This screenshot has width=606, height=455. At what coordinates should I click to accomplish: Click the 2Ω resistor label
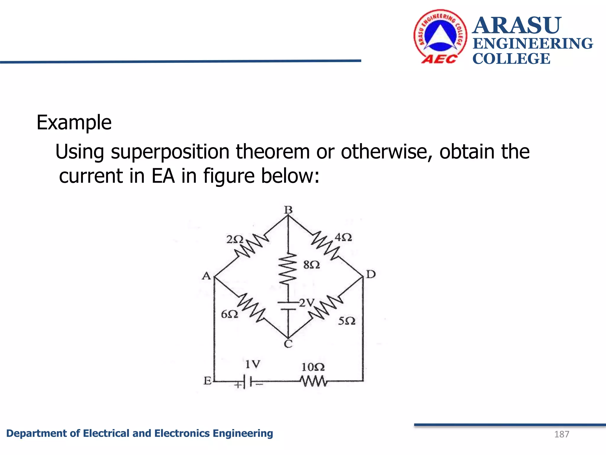(235, 239)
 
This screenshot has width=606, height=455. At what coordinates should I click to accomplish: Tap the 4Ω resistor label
(343, 237)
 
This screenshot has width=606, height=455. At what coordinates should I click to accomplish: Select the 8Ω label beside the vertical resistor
(312, 265)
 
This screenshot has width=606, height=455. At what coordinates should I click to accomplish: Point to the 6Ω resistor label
(229, 314)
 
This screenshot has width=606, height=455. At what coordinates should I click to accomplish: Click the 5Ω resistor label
(346, 321)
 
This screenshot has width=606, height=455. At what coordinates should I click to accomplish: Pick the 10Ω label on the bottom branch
(313, 367)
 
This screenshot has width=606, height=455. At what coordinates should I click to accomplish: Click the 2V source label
(307, 303)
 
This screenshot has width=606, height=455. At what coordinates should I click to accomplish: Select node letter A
(206, 276)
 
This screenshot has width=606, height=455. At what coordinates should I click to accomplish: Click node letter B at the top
(288, 210)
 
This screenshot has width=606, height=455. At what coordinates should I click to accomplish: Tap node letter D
(370, 274)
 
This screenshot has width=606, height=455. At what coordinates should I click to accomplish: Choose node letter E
(207, 381)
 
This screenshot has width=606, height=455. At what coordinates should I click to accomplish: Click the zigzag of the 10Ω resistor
(313, 381)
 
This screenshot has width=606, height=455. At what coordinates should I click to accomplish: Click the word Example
(74, 123)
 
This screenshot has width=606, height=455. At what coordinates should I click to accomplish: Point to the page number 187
(561, 434)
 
